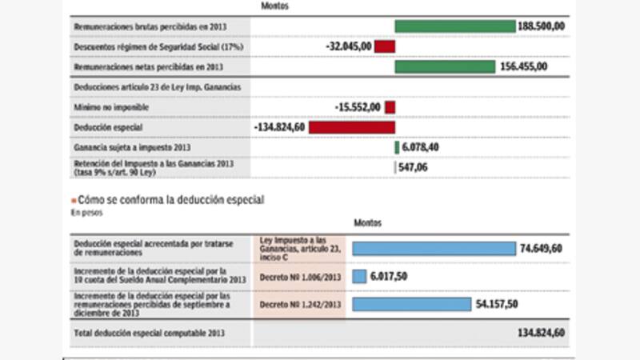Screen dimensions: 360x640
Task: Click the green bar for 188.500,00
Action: pyautogui.click(x=454, y=26)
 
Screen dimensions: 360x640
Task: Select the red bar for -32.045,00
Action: pyautogui.click(x=384, y=47)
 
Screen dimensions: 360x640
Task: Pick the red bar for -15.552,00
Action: pyautogui.click(x=390, y=106)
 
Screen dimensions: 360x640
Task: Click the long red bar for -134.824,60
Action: pyautogui.click(x=351, y=126)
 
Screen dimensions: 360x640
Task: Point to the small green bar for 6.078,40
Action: pyautogui.click(x=396, y=147)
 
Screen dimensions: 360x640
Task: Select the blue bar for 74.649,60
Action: pyautogui.click(x=434, y=249)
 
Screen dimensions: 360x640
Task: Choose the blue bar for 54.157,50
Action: pyautogui.click(x=422, y=305)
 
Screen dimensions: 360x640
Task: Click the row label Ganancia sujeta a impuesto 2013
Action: pyautogui.click(x=132, y=147)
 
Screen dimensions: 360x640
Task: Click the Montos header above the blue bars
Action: pyautogui.click(x=368, y=222)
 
